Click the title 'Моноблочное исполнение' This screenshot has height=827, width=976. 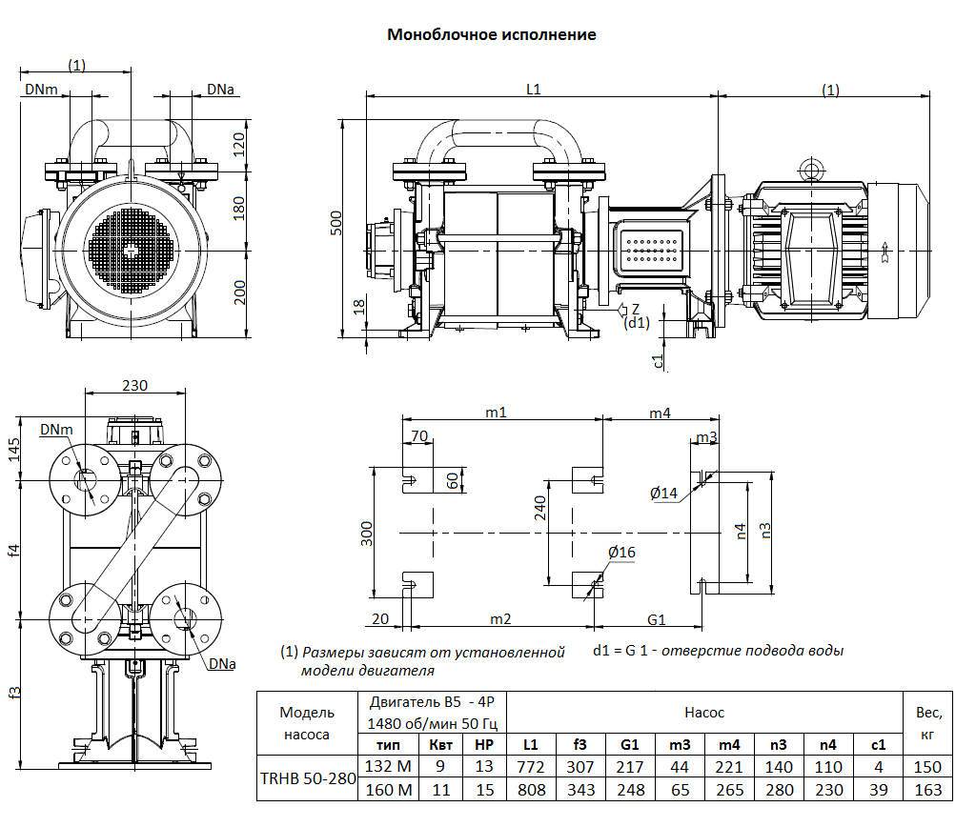[491, 34]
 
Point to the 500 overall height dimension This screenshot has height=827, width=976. [335, 224]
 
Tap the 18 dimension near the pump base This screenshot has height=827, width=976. [359, 307]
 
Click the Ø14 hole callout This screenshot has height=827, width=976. [663, 493]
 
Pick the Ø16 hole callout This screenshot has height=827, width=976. [621, 553]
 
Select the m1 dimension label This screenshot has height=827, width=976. [496, 412]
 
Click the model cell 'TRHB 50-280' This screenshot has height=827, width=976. [307, 777]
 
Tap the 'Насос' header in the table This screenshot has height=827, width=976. [704, 712]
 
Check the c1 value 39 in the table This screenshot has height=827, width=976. [878, 790]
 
